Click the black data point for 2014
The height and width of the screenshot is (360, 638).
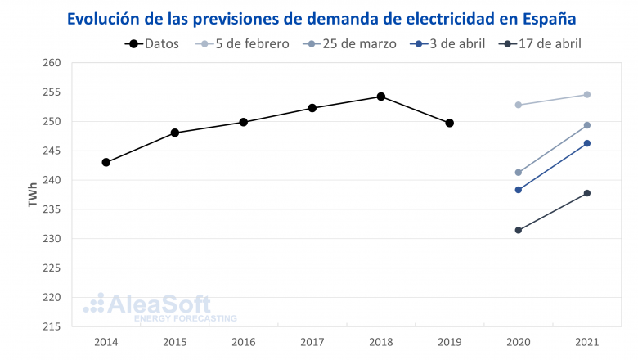point(106,162)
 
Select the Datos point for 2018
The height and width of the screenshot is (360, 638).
point(381,97)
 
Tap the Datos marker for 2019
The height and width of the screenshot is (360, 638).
point(450,123)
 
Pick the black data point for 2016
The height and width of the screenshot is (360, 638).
point(244,122)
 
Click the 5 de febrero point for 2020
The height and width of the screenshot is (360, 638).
point(519,105)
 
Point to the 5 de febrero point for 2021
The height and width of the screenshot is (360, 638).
point(587,94)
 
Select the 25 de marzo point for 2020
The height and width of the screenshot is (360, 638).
point(519,173)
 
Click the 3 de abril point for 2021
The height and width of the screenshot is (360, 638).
point(587,143)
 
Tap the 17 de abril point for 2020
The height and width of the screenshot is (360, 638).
point(519,230)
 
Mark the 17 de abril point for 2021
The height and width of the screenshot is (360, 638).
point(587,193)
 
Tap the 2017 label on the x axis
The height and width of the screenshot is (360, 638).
point(312,341)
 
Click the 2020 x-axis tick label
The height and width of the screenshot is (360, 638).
point(519,341)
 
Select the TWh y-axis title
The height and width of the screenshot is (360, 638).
point(33,195)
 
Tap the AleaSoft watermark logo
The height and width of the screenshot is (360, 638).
point(159,307)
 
